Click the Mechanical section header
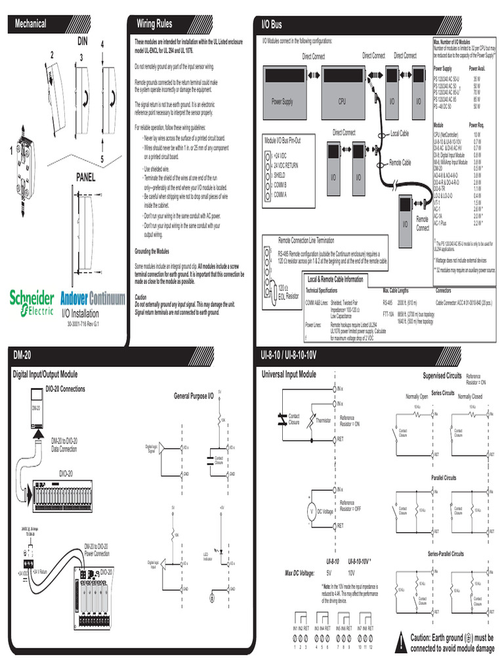[x=31, y=24]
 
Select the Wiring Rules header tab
[x=154, y=24]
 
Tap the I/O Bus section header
[x=272, y=24]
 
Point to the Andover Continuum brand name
[x=93, y=299]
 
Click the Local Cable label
[x=400, y=134]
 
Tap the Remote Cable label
[x=400, y=162]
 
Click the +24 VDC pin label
[x=281, y=155]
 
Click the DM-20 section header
[x=22, y=355]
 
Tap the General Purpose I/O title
[x=193, y=396]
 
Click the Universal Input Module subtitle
[x=289, y=374]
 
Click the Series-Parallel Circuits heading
[x=446, y=554]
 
